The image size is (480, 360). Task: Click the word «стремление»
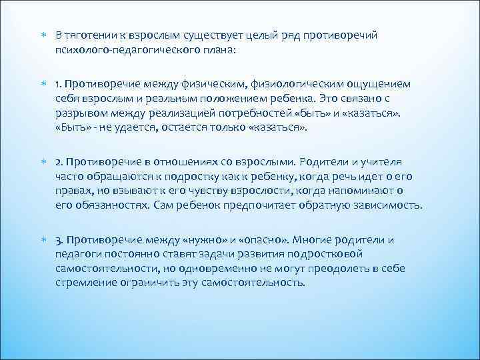[x=87, y=282]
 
